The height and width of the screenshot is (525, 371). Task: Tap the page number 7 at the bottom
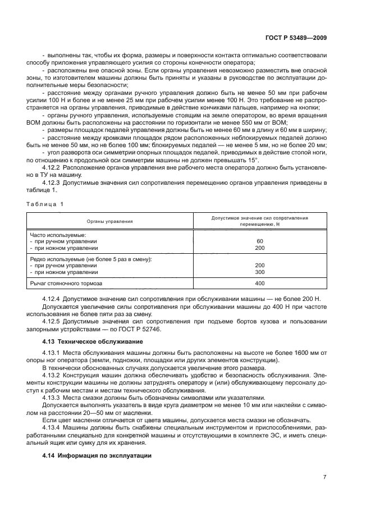pos(325,476)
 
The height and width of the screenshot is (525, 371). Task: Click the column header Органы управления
pos(109,221)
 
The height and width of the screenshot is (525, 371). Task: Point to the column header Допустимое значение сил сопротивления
pos(259,217)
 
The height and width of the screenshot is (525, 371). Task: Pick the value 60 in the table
pos(259,241)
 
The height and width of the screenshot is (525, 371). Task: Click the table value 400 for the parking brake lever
pos(259,284)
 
